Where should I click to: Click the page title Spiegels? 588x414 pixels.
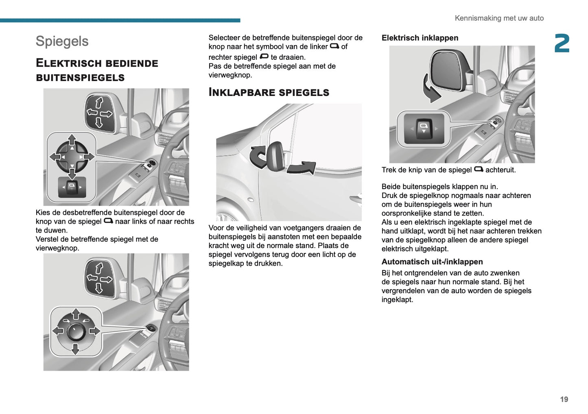62,41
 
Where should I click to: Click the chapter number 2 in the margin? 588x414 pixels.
562,44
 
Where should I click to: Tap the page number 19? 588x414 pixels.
564,399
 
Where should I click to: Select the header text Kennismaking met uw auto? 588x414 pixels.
499,18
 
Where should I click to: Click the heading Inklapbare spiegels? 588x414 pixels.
269,92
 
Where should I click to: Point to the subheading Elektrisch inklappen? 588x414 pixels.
420,38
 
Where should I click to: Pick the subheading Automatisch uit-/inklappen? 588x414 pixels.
432,262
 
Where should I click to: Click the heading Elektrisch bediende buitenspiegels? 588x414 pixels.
97,70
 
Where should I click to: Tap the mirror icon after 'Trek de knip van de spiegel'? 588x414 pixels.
479,169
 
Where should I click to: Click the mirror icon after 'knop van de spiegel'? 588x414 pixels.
108,221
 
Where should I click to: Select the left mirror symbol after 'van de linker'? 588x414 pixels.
334,46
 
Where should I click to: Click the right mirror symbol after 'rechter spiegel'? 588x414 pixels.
264,57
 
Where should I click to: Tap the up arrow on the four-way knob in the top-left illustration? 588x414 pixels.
72,140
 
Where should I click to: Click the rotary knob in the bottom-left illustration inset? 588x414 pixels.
76,331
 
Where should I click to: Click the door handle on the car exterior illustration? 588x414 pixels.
355,198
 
